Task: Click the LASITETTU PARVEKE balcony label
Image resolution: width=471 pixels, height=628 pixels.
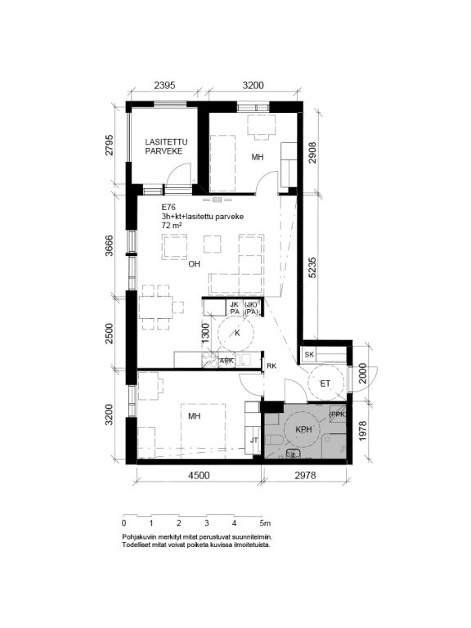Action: (166, 146)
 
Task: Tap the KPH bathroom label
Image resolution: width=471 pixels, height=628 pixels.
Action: (303, 430)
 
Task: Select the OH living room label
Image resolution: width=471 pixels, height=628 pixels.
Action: (195, 264)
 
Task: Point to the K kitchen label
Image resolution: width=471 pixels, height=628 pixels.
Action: (237, 334)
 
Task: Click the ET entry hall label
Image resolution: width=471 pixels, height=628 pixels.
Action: (325, 384)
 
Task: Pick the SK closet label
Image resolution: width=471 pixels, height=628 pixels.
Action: (309, 354)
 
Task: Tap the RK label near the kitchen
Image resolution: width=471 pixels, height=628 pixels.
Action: (271, 366)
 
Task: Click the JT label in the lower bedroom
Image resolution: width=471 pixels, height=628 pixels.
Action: (254, 440)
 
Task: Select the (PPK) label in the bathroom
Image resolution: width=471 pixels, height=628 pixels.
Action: (337, 415)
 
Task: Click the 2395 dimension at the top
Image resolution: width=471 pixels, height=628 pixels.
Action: (165, 85)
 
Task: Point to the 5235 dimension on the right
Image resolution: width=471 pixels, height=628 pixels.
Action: (312, 267)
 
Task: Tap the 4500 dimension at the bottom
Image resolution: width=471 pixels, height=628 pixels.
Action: (199, 475)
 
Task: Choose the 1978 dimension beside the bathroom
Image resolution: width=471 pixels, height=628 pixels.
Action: (362, 431)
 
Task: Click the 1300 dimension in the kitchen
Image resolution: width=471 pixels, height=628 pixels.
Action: (205, 334)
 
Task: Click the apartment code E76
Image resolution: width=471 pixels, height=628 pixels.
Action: (168, 208)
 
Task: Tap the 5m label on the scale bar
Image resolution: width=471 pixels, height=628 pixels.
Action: (265, 523)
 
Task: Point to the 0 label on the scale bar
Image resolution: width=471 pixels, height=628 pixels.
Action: (123, 523)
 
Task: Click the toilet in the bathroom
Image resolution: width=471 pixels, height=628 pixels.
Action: (275, 441)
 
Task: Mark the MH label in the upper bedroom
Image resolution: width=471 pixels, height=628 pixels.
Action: (258, 157)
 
